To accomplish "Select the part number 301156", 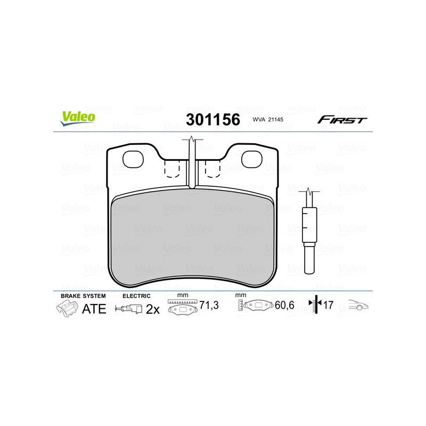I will click(212, 120).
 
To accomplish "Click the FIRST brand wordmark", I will click(342, 120).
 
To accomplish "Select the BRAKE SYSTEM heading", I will click(83, 296).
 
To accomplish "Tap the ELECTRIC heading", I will click(137, 296).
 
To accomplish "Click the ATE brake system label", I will click(94, 309).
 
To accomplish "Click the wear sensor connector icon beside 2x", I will click(129, 309).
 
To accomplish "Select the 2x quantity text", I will click(153, 309).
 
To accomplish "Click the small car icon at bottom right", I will click(358, 306).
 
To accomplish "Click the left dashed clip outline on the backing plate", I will click(172, 169).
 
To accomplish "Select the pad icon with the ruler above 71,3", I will click(183, 307).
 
